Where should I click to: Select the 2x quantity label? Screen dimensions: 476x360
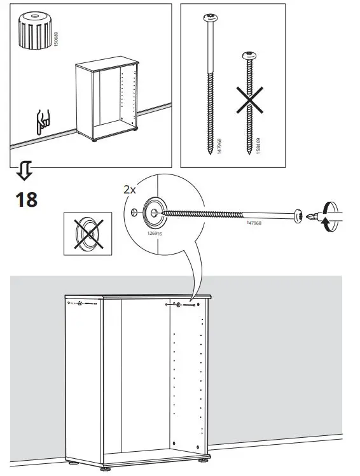coord(130,190)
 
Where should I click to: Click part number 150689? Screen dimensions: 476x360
coord(55,42)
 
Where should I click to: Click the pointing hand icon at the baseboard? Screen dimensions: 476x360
coord(43,122)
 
